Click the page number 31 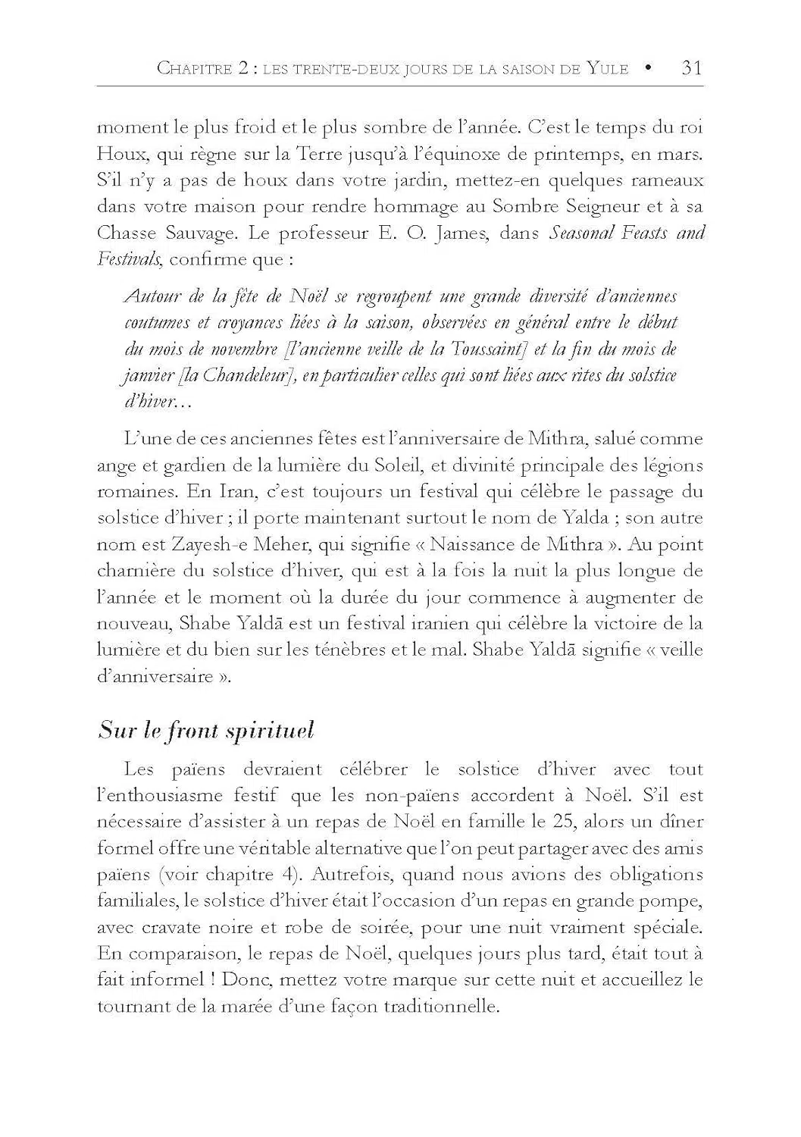pos(692,68)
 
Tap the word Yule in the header pos(607,69)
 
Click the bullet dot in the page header pos(649,68)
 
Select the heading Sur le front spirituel pos(206,731)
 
